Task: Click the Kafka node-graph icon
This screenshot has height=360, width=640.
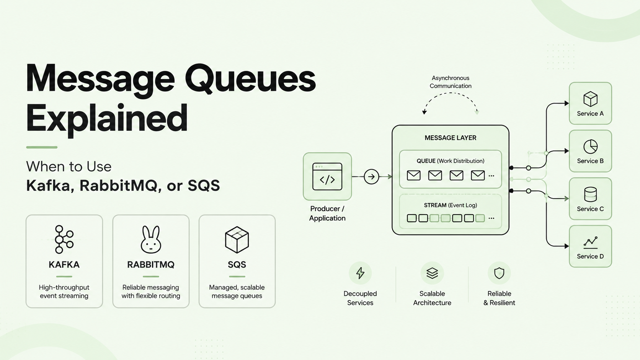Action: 64,239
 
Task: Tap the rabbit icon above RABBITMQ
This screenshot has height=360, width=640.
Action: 151,239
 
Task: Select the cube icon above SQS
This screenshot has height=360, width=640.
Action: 237,239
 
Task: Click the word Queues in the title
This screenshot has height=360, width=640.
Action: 250,78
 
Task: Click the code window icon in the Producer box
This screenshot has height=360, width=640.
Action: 327,176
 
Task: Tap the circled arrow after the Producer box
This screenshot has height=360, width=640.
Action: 371,177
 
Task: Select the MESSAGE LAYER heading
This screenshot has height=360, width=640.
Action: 450,138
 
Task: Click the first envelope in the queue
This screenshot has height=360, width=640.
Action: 413,175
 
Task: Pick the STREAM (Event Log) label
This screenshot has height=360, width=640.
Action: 450,205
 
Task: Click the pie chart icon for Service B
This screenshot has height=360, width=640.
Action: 590,147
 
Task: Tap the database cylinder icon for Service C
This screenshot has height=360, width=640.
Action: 590,194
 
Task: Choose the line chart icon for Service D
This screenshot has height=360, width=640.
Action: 590,243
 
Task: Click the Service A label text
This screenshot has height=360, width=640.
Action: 590,114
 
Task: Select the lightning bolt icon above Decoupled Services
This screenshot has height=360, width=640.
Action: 360,273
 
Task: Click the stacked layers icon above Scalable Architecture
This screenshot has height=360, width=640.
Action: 432,273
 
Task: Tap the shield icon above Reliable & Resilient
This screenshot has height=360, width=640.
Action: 499,273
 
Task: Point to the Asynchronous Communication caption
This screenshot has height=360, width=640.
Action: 451,82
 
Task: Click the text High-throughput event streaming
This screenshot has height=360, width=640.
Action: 64,292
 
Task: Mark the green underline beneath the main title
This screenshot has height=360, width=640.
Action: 42,147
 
